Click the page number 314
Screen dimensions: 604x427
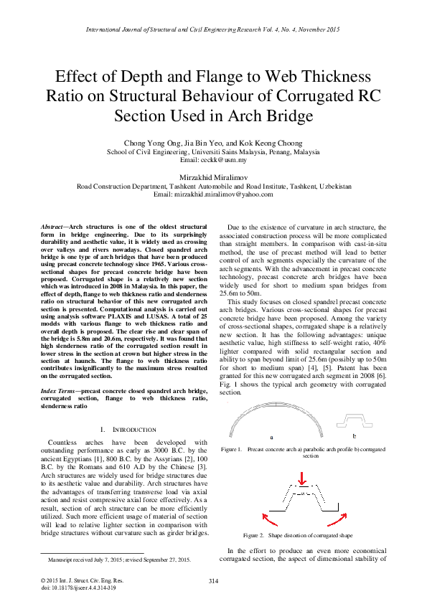pos(213,580)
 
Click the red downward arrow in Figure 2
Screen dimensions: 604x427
pos(302,477)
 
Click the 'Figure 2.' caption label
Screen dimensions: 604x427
pos(255,536)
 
